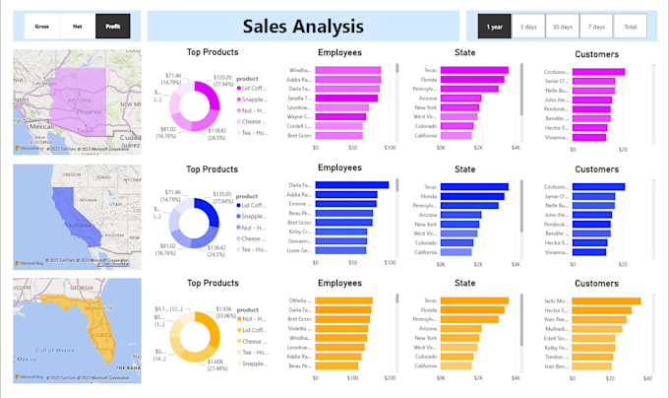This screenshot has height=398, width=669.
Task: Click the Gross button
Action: click(x=43, y=27)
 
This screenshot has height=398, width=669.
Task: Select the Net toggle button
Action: click(x=78, y=27)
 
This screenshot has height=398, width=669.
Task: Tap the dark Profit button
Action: click(x=112, y=27)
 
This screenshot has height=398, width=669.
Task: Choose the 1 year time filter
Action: click(x=495, y=27)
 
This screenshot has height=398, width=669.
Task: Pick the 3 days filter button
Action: click(x=528, y=27)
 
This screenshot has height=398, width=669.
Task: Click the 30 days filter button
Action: click(x=563, y=27)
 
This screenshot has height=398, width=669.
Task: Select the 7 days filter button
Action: click(x=596, y=27)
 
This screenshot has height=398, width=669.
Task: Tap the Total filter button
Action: click(x=630, y=27)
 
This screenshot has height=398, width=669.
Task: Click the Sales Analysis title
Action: click(x=302, y=27)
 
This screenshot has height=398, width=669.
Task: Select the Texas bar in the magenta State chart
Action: click(x=473, y=71)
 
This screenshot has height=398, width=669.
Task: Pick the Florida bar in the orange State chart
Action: click(x=471, y=309)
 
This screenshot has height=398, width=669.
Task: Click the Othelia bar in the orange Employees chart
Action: click(x=343, y=300)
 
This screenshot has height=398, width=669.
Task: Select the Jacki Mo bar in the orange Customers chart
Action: click(x=606, y=300)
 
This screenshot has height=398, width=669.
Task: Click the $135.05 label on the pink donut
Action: click(x=222, y=77)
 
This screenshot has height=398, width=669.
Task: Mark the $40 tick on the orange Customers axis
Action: click(x=647, y=378)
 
